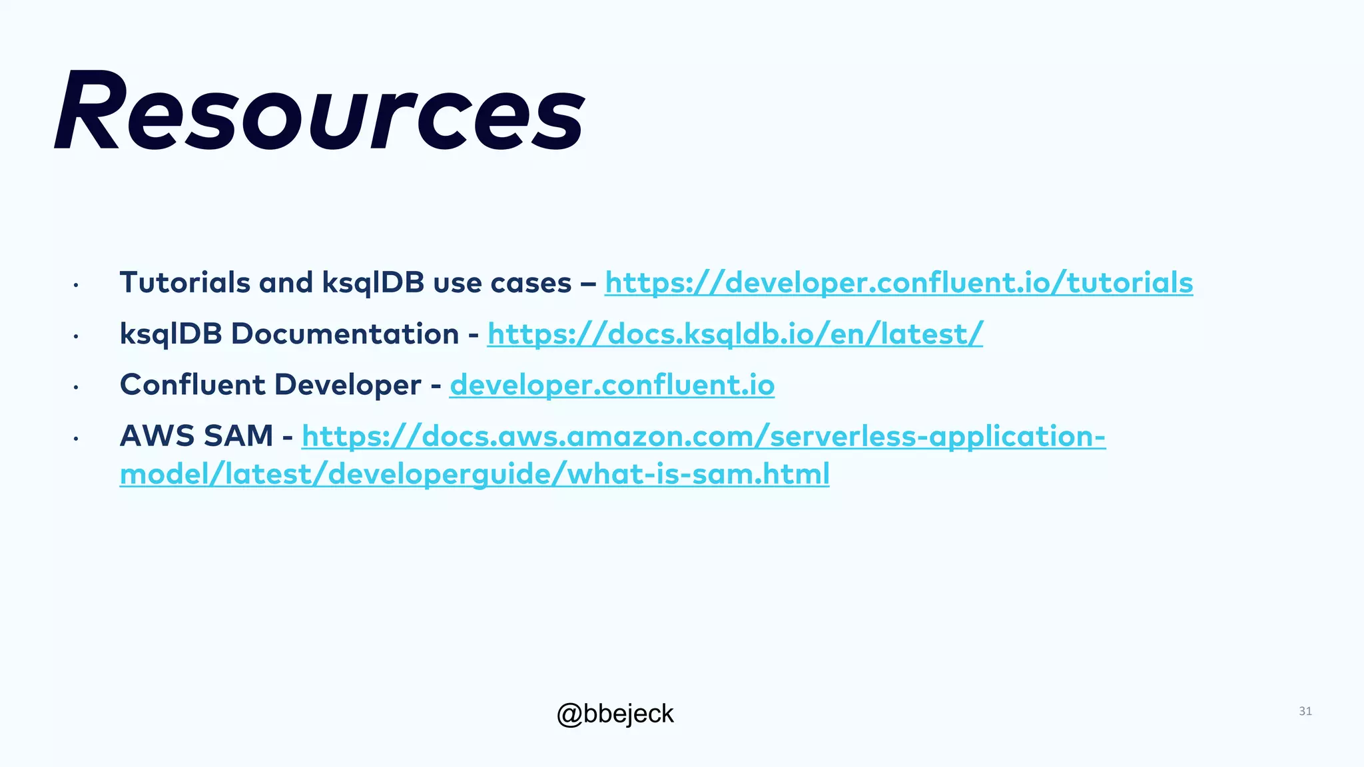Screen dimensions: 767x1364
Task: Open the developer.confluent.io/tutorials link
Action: [898, 283]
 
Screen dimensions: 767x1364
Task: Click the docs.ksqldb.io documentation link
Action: [735, 334]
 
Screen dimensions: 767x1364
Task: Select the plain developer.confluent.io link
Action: [611, 385]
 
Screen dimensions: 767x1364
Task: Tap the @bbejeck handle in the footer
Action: [615, 714]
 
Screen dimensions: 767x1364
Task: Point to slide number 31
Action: [1305, 711]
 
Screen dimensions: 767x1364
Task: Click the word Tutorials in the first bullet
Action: [184, 283]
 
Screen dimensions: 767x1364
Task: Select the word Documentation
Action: [344, 334]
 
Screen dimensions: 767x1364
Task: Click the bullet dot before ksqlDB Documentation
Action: [77, 337]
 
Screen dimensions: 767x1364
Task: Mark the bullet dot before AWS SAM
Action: [77, 439]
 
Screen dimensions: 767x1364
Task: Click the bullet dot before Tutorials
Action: [77, 286]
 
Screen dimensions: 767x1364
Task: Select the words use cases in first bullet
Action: [502, 283]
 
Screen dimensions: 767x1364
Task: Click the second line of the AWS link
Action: [474, 475]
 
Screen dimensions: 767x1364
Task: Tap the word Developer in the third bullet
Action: [347, 385]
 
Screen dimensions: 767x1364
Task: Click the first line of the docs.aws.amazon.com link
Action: [703, 437]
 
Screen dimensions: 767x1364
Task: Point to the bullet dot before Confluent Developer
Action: [77, 387]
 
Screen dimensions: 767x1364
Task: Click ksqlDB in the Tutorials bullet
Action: [373, 283]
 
